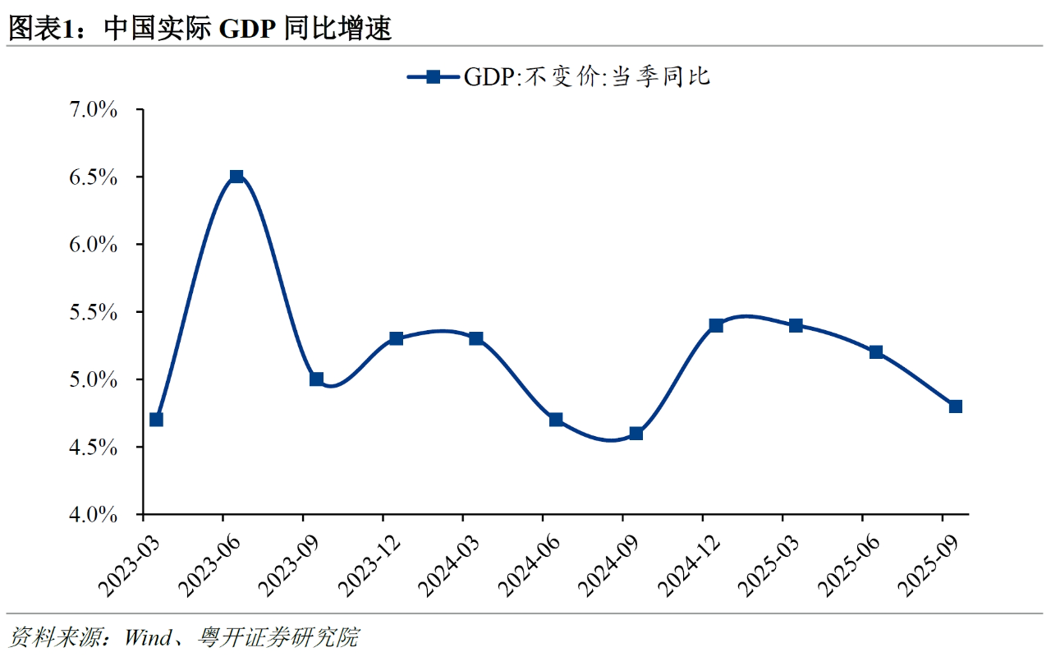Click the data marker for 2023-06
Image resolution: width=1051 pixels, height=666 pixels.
point(236,177)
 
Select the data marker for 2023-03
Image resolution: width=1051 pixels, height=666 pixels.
point(156,420)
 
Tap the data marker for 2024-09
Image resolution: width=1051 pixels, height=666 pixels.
point(636,434)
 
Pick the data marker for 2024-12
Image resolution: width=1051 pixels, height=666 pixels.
point(716,325)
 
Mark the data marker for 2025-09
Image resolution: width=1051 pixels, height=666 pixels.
point(956,406)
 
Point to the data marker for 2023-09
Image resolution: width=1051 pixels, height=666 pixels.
point(316,379)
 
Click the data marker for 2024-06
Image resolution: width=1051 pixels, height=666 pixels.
point(556,420)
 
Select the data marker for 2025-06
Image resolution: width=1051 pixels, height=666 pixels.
point(876,352)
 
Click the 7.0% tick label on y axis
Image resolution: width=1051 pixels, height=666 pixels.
point(94,109)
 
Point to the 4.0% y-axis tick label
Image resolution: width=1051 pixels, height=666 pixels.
point(94,515)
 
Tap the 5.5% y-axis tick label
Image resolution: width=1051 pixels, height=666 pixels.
point(94,312)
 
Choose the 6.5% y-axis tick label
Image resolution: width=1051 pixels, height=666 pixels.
point(94,177)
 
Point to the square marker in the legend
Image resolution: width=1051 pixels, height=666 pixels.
point(433,77)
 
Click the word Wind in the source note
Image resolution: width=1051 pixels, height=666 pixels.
point(149,636)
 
